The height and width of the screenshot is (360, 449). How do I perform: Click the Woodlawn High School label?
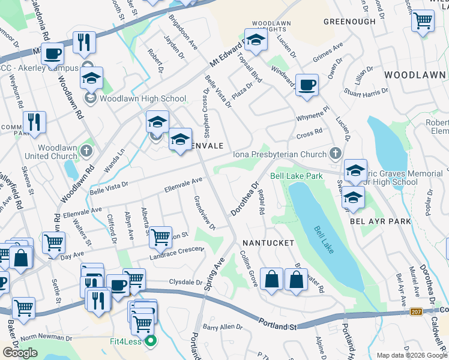pyautogui.click(x=143, y=98)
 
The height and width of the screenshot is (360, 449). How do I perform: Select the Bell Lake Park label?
pyautogui.click(x=297, y=176)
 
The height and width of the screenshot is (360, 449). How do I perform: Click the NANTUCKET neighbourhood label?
pyautogui.click(x=268, y=243)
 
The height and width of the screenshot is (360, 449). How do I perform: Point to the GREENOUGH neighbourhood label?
pyautogui.click(x=349, y=22)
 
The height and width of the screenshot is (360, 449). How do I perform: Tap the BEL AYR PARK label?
pyautogui.click(x=381, y=221)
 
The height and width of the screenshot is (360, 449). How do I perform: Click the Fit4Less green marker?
pyautogui.click(x=150, y=343)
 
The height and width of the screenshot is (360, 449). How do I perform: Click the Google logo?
pyautogui.click(x=20, y=353)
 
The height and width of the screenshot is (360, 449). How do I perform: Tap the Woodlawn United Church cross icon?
pyautogui.click(x=87, y=149)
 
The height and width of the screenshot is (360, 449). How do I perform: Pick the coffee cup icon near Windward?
pyautogui.click(x=307, y=85)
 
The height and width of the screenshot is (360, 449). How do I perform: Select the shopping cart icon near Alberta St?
pyautogui.click(x=161, y=236)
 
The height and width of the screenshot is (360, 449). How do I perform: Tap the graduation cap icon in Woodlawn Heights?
pyautogui.click(x=256, y=40)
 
